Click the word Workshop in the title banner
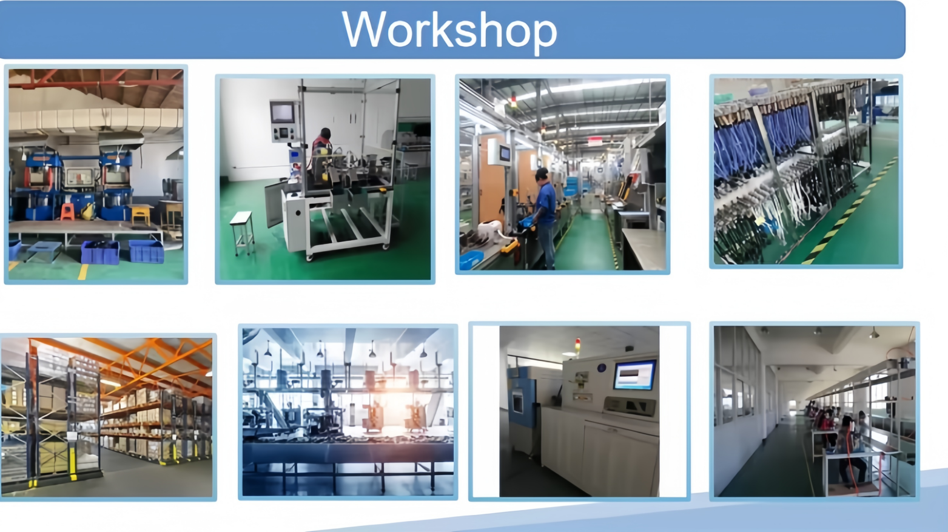(449, 30)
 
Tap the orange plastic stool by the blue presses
(68, 212)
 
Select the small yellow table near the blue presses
(141, 214)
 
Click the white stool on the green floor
(243, 233)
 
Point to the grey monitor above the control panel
(282, 113)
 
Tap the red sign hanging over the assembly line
(595, 141)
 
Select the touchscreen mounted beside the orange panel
(505, 153)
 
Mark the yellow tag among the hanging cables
(759, 220)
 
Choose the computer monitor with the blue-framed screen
(634, 374)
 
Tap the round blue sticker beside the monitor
(602, 368)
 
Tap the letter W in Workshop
(364, 29)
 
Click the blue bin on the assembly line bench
(471, 259)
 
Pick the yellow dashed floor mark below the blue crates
(83, 272)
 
